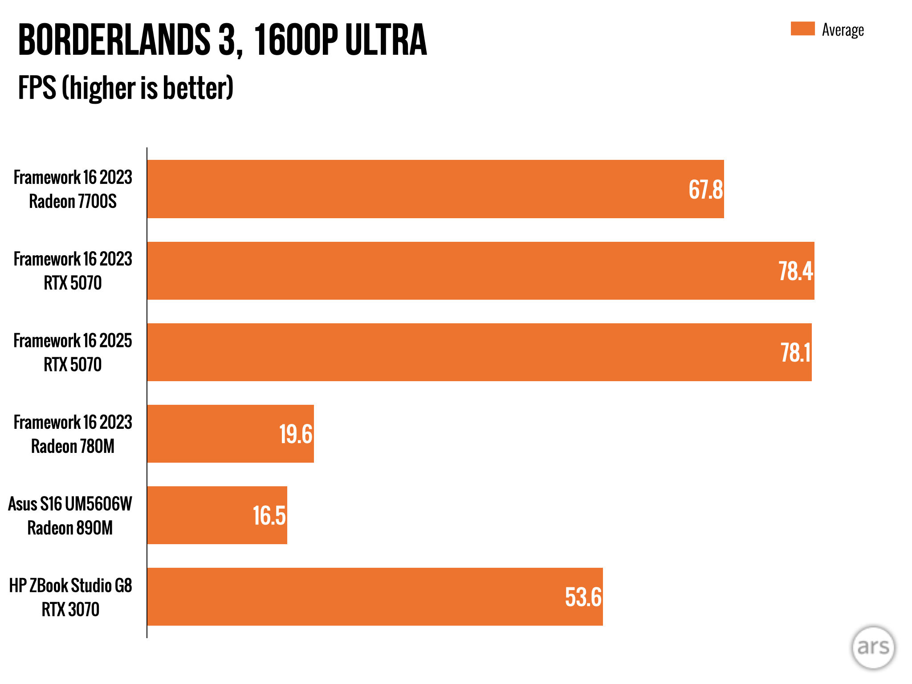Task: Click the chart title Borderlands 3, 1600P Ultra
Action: (x=223, y=40)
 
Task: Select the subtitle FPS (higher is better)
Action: (x=126, y=88)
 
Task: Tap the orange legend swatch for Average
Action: (x=802, y=28)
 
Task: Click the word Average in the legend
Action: (x=843, y=30)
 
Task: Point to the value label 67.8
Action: (x=705, y=190)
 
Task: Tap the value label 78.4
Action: (x=795, y=271)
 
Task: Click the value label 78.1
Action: (x=795, y=353)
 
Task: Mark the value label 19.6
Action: (x=296, y=434)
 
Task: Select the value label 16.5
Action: (x=269, y=516)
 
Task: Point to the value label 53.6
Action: (x=583, y=597)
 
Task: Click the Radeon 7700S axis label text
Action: (x=73, y=201)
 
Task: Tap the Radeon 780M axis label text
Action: (x=73, y=446)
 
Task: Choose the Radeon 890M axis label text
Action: (x=70, y=528)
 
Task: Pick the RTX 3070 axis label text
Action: (x=70, y=609)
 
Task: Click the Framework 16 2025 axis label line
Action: (x=73, y=341)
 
